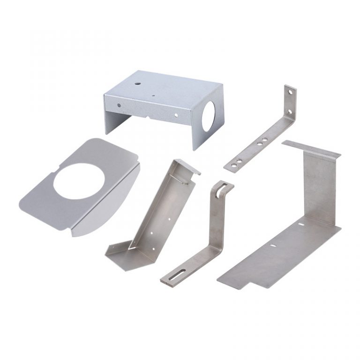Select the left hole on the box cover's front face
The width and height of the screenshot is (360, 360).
click(119, 105)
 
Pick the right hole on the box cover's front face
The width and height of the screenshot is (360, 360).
click(176, 114)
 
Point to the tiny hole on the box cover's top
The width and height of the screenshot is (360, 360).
click(155, 97)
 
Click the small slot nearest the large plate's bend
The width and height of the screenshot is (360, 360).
click(300, 225)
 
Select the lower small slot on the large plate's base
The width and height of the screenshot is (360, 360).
click(273, 244)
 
